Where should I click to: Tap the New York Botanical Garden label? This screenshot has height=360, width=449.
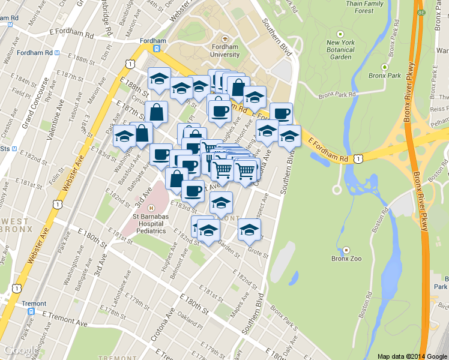pyautogui.click(x=340, y=50)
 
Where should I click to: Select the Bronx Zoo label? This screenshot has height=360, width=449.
pyautogui.click(x=346, y=259)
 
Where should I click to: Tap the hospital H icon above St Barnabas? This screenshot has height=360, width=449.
pyautogui.click(x=151, y=208)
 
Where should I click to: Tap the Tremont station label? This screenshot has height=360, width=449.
pyautogui.click(x=34, y=304)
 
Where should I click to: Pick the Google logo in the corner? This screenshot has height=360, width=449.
pyautogui.click(x=18, y=350)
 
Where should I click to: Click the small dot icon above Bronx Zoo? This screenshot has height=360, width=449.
pyautogui.click(x=346, y=249)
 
